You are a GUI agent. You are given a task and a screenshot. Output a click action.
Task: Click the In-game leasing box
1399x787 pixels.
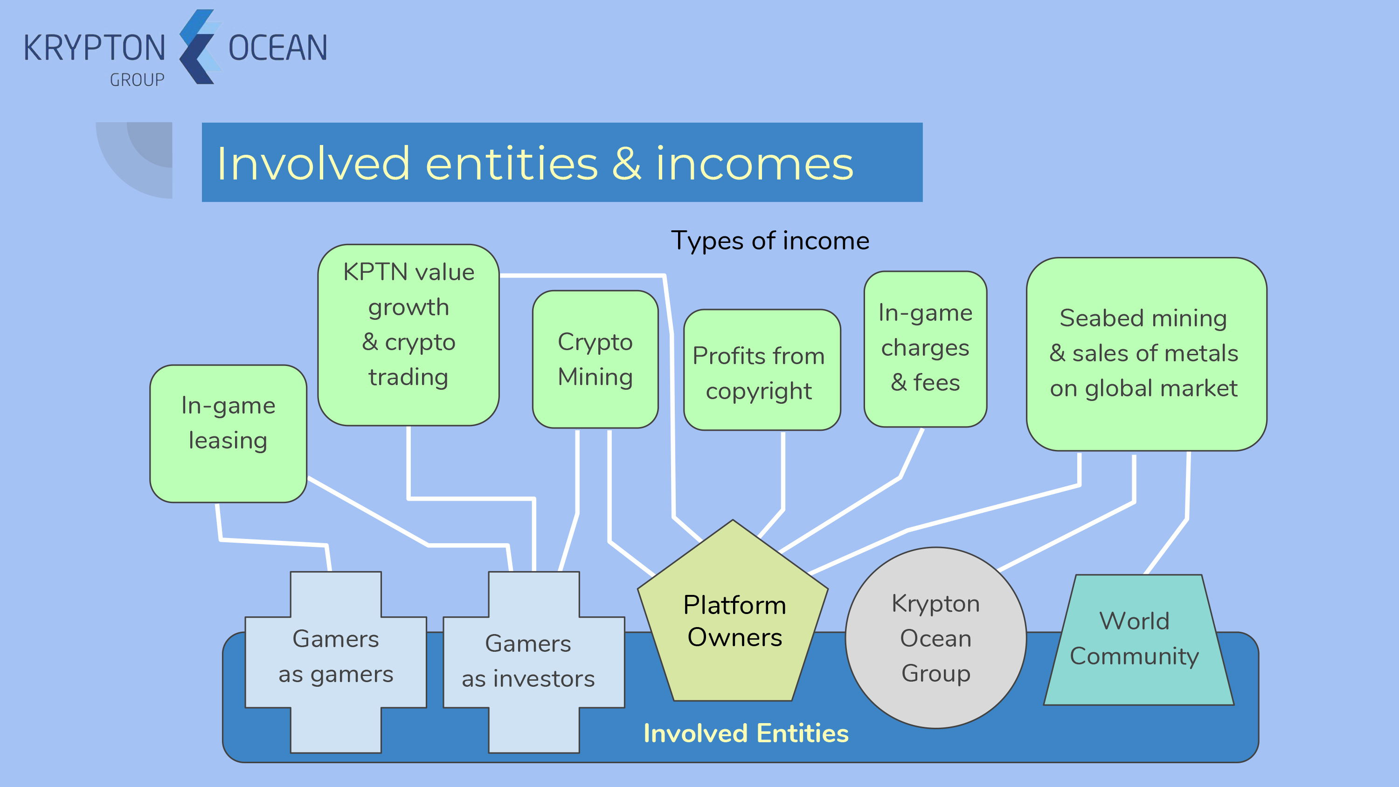point(228,434)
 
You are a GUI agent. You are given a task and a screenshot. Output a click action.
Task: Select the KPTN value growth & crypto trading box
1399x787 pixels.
point(409,335)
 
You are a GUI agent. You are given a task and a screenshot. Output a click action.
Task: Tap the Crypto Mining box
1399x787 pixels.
point(595,359)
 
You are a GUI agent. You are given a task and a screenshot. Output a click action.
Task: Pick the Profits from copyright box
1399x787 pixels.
point(762,370)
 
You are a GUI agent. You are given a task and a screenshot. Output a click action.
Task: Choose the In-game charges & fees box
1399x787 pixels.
point(925,349)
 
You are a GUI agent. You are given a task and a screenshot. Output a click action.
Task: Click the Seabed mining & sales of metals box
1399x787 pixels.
point(1146,354)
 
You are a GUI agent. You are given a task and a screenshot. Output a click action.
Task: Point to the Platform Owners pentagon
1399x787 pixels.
point(733,610)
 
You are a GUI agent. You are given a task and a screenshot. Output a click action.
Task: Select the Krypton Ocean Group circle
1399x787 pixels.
point(936,638)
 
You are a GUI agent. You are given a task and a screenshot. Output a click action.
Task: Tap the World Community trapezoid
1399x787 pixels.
point(1139,640)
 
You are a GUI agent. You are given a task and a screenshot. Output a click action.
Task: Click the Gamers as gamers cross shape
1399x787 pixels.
point(336,662)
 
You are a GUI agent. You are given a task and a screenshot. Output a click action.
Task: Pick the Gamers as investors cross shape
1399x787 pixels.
point(534,662)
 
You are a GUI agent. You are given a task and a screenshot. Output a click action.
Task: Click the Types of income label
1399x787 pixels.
point(770,241)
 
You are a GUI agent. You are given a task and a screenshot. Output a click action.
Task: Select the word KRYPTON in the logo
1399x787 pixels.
point(95,48)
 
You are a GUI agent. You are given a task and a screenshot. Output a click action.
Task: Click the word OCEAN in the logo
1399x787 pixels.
point(277,48)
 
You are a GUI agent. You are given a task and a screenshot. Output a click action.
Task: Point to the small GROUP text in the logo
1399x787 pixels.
point(137,80)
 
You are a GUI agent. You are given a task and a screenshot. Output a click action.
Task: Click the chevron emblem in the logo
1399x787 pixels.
point(200,47)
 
